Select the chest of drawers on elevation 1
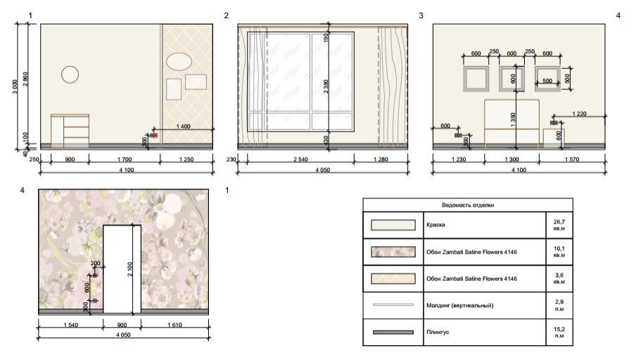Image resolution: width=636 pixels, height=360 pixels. pos(70,131)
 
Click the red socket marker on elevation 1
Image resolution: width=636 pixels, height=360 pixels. pos(155,136)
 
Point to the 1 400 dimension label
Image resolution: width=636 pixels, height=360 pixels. pos(184,126)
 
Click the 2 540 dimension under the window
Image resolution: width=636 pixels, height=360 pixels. pos(300,160)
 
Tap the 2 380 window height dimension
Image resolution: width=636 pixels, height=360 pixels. pos(326,86)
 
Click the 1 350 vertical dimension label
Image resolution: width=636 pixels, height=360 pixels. pos(513,120)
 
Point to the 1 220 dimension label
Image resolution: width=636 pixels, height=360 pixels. pos(579,113)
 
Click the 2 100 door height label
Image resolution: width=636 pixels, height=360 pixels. pos(129,269)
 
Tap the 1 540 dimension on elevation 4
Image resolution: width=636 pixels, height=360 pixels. pos(71,325)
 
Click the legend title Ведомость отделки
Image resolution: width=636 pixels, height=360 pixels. pos(468,205)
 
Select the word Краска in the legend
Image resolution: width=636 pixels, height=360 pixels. pos(435,224)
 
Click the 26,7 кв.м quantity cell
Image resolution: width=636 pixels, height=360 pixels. pos(559,225)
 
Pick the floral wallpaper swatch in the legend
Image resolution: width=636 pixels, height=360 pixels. pos(393,252)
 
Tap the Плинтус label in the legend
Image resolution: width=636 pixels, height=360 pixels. pos(438,332)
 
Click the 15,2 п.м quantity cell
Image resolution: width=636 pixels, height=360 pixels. pos(559,332)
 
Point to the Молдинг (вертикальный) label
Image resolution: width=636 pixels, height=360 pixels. pos(460,305)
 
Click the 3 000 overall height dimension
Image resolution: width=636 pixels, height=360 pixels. pos(15,86)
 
